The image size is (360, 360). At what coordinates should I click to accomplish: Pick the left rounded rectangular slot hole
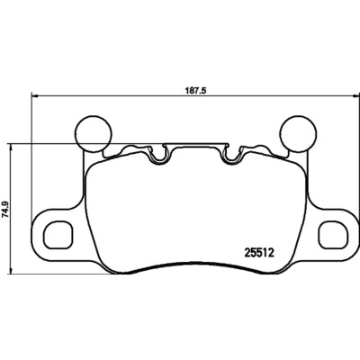pyautogui.click(x=58, y=231)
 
